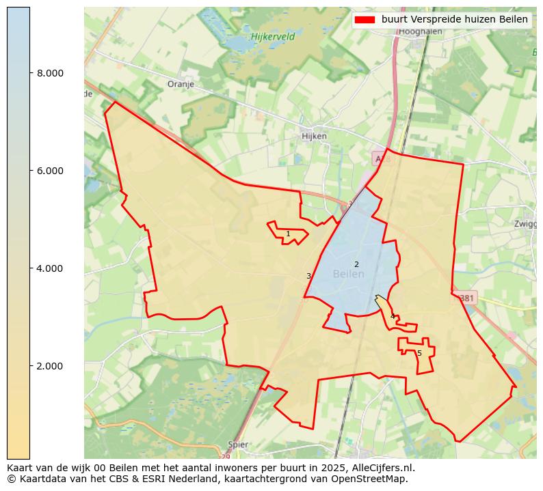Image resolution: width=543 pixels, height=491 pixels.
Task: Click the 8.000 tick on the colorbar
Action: click(51, 73)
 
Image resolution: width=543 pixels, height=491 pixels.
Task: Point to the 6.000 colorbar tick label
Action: click(51, 171)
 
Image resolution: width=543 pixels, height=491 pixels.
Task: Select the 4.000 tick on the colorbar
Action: click(51, 268)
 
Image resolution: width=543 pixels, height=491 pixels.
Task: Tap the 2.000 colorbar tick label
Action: click(51, 366)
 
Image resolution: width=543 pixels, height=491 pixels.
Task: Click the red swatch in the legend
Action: click(366, 20)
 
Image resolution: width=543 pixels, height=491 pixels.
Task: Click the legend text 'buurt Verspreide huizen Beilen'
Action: click(454, 20)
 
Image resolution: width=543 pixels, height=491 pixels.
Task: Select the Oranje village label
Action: click(181, 85)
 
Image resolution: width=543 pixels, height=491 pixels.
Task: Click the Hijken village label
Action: click(314, 136)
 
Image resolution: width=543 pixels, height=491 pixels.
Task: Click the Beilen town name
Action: click(349, 274)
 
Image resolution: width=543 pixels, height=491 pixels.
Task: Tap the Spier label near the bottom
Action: click(239, 445)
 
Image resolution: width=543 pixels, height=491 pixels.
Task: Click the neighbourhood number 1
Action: click(288, 234)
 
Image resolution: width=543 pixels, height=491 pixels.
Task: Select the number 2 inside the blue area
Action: click(356, 264)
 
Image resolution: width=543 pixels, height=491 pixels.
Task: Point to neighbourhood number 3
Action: click(308, 276)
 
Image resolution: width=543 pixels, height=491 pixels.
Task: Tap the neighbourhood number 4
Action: click(392, 316)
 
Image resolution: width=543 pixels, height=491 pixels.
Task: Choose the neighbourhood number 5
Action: click(419, 353)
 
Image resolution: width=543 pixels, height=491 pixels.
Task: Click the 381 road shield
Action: click(466, 298)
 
